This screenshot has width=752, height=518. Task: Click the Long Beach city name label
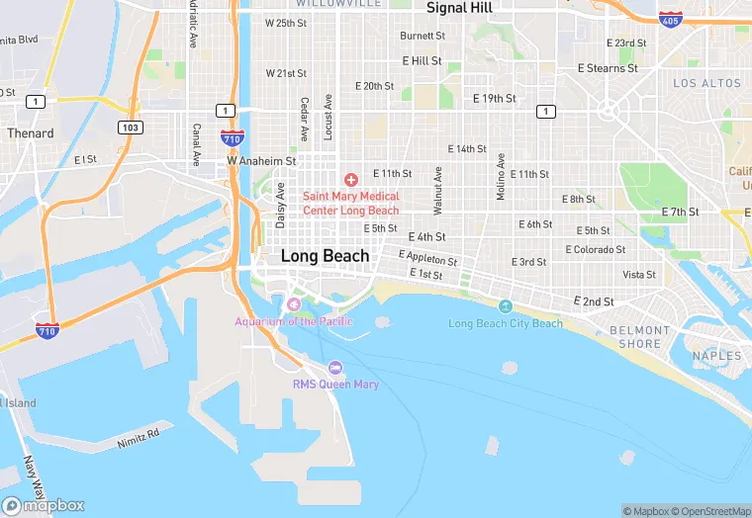click(325, 255)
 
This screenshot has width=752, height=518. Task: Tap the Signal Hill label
click(459, 8)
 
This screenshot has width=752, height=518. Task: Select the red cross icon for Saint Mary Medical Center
click(350, 179)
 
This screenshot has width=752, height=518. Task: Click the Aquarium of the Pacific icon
click(293, 303)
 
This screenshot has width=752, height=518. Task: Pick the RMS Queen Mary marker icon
click(335, 367)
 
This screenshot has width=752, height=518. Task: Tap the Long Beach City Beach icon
click(506, 305)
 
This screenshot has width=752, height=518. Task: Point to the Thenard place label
click(30, 132)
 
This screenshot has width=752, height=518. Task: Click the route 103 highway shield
click(129, 128)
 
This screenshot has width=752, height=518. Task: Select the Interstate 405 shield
click(670, 19)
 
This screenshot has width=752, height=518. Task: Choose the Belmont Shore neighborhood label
click(634, 337)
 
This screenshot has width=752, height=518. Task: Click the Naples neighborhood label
click(717, 356)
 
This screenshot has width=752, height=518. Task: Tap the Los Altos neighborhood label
click(706, 84)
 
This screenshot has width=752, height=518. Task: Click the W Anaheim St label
click(261, 160)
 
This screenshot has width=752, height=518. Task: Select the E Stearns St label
click(608, 69)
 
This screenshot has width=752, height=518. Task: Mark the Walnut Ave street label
click(436, 190)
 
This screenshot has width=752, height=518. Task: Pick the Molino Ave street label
click(501, 178)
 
